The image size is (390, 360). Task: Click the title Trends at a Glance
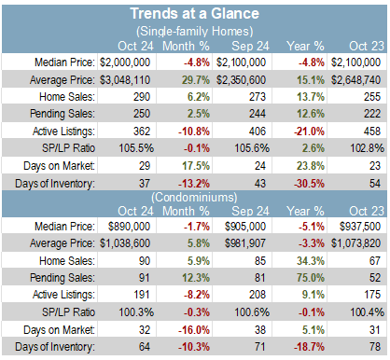click(x=194, y=13)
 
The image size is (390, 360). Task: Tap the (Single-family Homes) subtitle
click(x=194, y=31)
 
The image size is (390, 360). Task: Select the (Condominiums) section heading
click(x=194, y=197)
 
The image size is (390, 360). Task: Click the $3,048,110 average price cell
click(x=125, y=80)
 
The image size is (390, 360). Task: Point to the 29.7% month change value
click(x=196, y=80)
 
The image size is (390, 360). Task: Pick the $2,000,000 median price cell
click(x=125, y=62)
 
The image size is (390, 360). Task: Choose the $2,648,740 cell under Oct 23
click(x=355, y=80)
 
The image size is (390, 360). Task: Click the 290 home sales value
click(x=142, y=97)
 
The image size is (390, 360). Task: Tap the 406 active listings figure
click(x=258, y=132)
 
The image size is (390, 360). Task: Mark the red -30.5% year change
click(x=309, y=184)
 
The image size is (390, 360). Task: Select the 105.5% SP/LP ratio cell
click(x=136, y=148)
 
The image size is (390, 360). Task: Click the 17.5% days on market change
click(x=196, y=166)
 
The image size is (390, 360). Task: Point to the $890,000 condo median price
click(x=129, y=227)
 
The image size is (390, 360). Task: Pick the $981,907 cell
click(x=245, y=243)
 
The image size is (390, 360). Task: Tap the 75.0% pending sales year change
click(x=311, y=278)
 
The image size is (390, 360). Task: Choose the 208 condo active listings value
click(x=258, y=295)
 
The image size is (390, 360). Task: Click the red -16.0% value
click(x=194, y=330)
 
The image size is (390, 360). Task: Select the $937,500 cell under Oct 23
click(x=360, y=227)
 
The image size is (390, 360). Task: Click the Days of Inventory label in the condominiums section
click(x=55, y=347)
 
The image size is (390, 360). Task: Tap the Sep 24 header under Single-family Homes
click(x=250, y=46)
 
